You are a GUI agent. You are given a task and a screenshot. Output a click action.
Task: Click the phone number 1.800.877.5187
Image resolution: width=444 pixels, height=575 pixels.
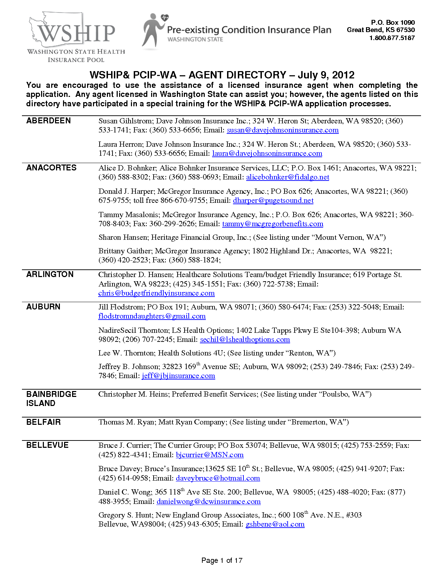[x=392, y=38]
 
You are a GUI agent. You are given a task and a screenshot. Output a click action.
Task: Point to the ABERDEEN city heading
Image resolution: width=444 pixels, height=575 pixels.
[x=48, y=121]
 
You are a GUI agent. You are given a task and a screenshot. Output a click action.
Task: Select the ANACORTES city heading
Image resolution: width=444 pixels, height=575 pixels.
[x=51, y=168]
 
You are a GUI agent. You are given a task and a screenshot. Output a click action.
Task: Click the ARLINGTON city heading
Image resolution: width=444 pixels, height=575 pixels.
[x=50, y=275]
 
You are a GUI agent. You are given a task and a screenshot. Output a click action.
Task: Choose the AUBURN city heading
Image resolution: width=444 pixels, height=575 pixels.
[x=43, y=307]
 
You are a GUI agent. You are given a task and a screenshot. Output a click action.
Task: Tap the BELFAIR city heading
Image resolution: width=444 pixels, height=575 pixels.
[x=44, y=422]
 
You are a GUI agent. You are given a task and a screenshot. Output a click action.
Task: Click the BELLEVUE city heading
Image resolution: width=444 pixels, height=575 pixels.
[x=47, y=445]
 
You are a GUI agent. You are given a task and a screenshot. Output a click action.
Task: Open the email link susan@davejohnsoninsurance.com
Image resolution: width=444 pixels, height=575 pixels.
[x=282, y=130]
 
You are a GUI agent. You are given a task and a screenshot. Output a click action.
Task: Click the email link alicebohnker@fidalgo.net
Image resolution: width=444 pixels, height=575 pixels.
[x=288, y=177]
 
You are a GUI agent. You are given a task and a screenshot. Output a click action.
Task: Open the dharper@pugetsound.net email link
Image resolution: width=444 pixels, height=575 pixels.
[x=273, y=201]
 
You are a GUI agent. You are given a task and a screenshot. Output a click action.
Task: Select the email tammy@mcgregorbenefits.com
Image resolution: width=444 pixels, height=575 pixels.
[x=273, y=224]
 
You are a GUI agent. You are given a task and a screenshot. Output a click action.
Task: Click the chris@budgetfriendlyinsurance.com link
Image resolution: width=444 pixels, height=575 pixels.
[x=156, y=293]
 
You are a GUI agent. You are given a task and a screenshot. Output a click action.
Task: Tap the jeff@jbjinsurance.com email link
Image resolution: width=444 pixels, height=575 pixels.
[x=178, y=376]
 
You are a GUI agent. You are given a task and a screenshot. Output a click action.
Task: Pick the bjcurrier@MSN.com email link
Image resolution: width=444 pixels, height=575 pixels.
[x=210, y=455]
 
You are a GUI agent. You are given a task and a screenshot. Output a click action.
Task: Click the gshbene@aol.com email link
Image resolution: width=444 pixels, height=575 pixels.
[x=275, y=524]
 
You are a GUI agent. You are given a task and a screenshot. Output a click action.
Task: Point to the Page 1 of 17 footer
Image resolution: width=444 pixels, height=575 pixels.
[x=222, y=560]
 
